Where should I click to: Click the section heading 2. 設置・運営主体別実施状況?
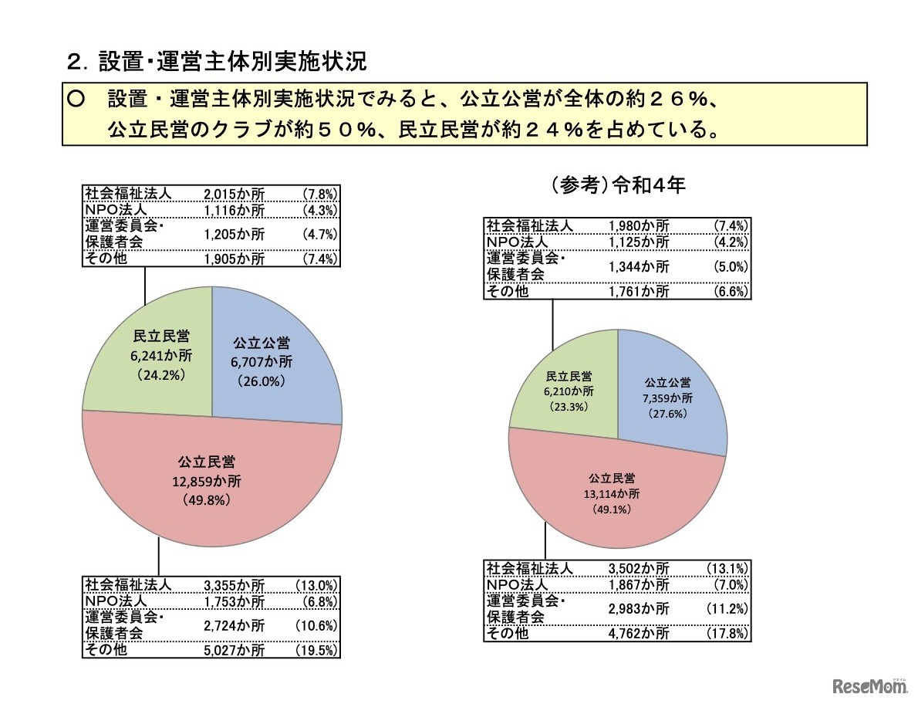tap(218, 60)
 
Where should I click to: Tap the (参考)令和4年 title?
tap(618, 185)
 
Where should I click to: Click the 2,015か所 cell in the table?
tap(234, 194)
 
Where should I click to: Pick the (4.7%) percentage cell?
tap(320, 234)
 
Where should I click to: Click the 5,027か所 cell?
tap(234, 649)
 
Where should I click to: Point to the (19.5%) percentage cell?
tap(316, 649)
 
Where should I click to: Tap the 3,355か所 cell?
tap(234, 585)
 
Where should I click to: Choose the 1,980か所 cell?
tap(639, 225)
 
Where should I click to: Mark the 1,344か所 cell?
tap(639, 266)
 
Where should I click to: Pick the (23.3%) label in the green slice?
tap(569, 407)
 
